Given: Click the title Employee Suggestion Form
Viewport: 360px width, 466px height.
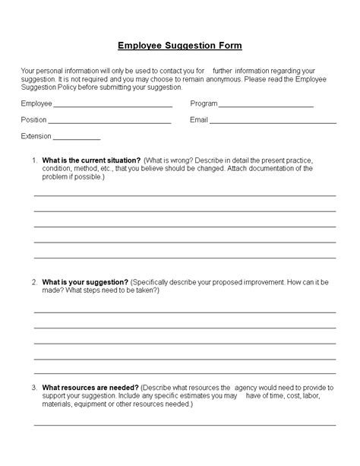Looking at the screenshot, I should point(180,46).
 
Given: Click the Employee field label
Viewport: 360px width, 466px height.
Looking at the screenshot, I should point(37,103).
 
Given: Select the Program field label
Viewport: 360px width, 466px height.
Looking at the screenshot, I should point(204,103).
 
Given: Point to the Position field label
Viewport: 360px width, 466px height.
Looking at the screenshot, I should point(34,120).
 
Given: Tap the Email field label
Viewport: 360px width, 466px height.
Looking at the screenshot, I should point(198,120).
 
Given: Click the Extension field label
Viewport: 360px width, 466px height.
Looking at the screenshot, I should point(36,137).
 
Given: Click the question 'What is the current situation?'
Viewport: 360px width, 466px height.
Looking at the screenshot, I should point(91,160).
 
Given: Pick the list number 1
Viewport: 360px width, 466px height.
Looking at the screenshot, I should point(34,160).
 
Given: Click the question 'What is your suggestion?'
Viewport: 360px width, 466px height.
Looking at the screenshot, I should point(85,282).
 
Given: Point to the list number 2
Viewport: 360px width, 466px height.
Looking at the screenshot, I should point(34,282).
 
